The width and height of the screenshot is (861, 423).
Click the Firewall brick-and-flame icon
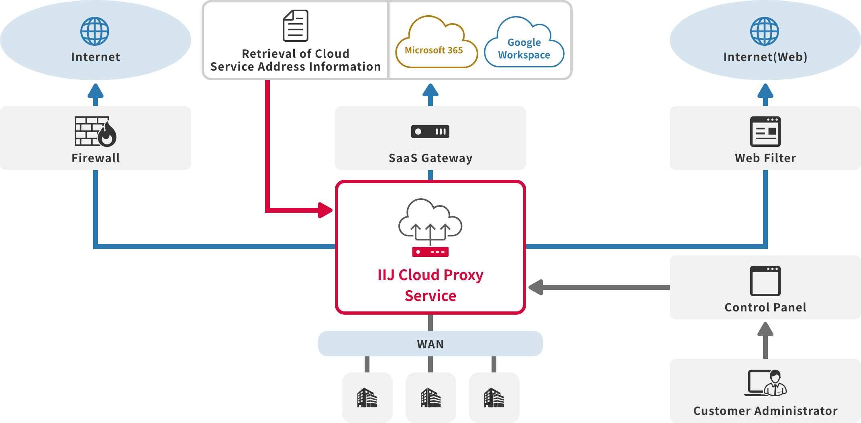96,131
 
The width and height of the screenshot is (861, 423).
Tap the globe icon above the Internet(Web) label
765,31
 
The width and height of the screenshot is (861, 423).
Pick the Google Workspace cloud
524,44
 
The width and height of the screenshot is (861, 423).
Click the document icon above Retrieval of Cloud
296,26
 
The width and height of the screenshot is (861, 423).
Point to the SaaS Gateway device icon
430,132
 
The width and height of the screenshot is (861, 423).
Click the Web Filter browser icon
765,132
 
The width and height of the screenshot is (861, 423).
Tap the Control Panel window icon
765,281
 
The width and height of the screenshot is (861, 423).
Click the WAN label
430,344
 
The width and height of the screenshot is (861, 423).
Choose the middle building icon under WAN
430,398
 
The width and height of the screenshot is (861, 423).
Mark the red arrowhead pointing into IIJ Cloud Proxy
325,210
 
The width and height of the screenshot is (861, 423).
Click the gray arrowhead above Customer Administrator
765,330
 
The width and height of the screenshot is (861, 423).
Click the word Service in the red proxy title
430,296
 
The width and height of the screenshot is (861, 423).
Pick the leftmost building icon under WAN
367,398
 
